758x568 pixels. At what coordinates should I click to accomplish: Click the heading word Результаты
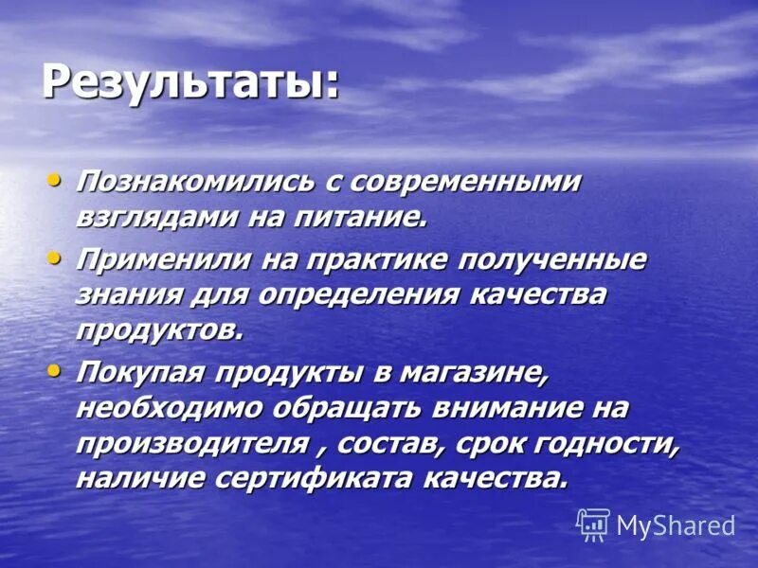tap(189, 82)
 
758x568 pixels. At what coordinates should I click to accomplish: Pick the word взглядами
tap(155, 218)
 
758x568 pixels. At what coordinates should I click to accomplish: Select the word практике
tap(364, 259)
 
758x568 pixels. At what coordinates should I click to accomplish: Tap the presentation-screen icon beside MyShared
tap(593, 524)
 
